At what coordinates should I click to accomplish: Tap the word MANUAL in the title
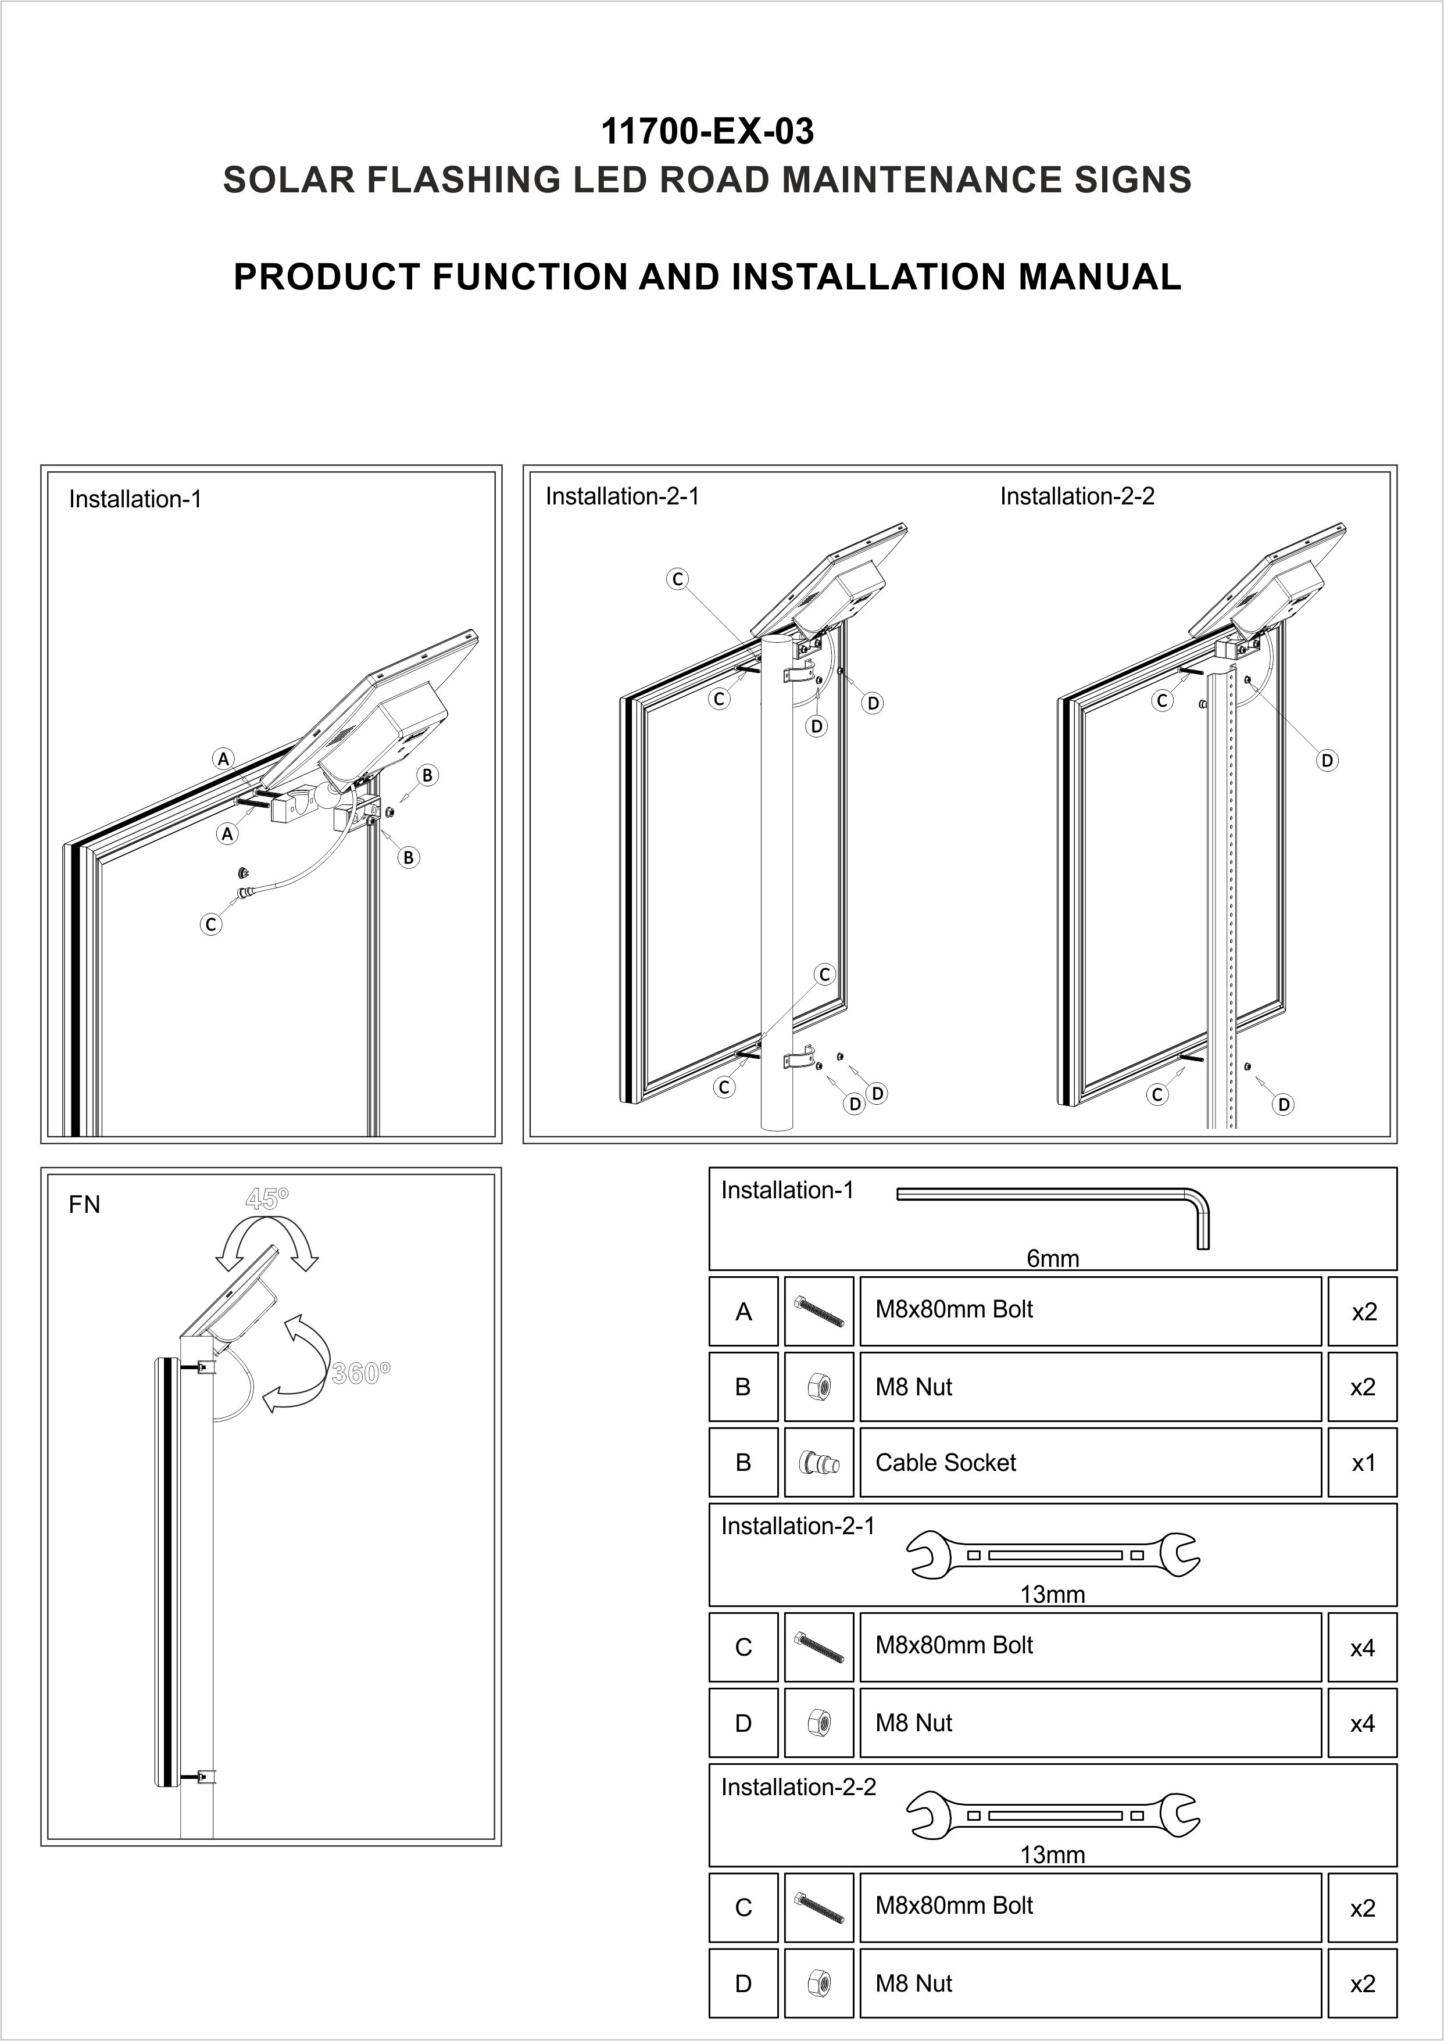click(x=1099, y=277)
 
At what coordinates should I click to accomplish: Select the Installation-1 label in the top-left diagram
click(x=135, y=500)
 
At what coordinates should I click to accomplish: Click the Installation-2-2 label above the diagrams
click(x=1077, y=496)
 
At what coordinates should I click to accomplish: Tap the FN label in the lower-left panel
click(x=84, y=1205)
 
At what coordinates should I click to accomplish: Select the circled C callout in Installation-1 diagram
click(x=211, y=925)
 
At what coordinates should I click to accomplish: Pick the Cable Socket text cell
click(x=945, y=1462)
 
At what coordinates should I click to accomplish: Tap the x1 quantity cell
click(x=1362, y=1462)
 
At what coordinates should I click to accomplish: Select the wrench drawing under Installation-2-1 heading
click(x=1053, y=1555)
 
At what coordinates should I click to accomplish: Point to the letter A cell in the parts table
click(x=744, y=1311)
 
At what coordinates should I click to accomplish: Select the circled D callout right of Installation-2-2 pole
click(x=1327, y=760)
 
